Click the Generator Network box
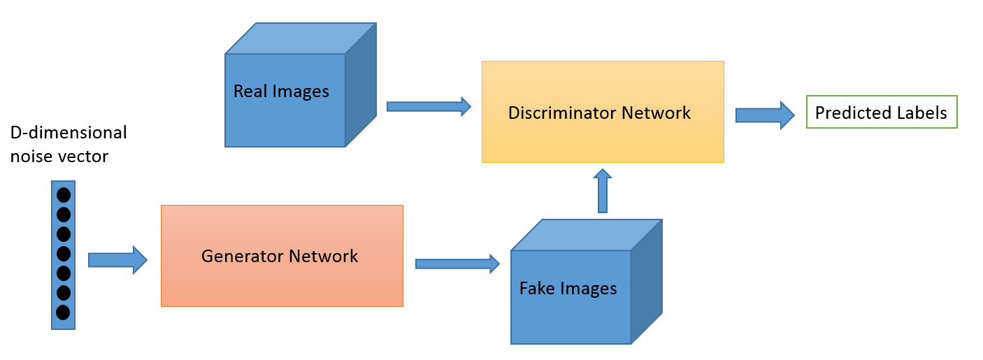pyautogui.click(x=282, y=256)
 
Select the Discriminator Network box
pyautogui.click(x=603, y=113)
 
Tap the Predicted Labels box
pyautogui.click(x=881, y=113)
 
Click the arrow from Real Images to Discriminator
pyautogui.click(x=429, y=106)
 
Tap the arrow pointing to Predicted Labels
pyautogui.click(x=764, y=115)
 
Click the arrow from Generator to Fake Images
pyautogui.click(x=457, y=264)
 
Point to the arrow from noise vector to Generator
pyautogui.click(x=117, y=260)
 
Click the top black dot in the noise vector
pyautogui.click(x=63, y=195)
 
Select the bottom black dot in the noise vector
pyautogui.click(x=63, y=312)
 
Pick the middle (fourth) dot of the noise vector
pyautogui.click(x=63, y=253)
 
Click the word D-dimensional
pyautogui.click(x=69, y=132)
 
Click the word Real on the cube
pyautogui.click(x=248, y=92)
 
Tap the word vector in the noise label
pyautogui.click(x=86, y=157)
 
